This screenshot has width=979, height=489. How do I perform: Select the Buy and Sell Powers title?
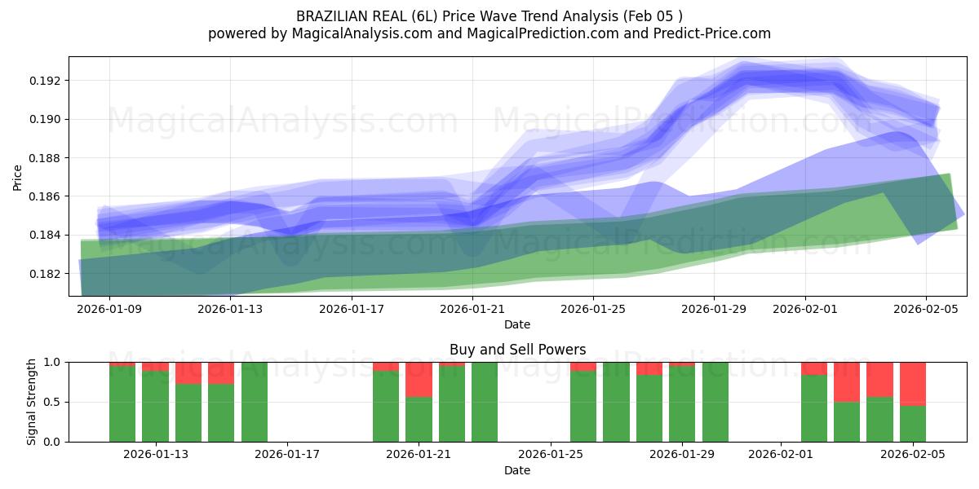point(517,350)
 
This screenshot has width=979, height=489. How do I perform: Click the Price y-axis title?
point(18,177)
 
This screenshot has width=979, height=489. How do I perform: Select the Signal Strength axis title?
point(32,402)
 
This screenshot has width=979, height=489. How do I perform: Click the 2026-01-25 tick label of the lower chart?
point(551,455)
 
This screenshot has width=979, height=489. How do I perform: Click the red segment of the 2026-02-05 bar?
point(913,383)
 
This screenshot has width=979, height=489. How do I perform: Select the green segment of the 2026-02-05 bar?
point(913,424)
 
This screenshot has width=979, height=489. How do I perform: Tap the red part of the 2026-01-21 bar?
point(419,379)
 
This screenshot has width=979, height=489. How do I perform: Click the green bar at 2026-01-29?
point(682,403)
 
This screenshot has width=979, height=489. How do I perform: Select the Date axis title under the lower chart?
point(517,470)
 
